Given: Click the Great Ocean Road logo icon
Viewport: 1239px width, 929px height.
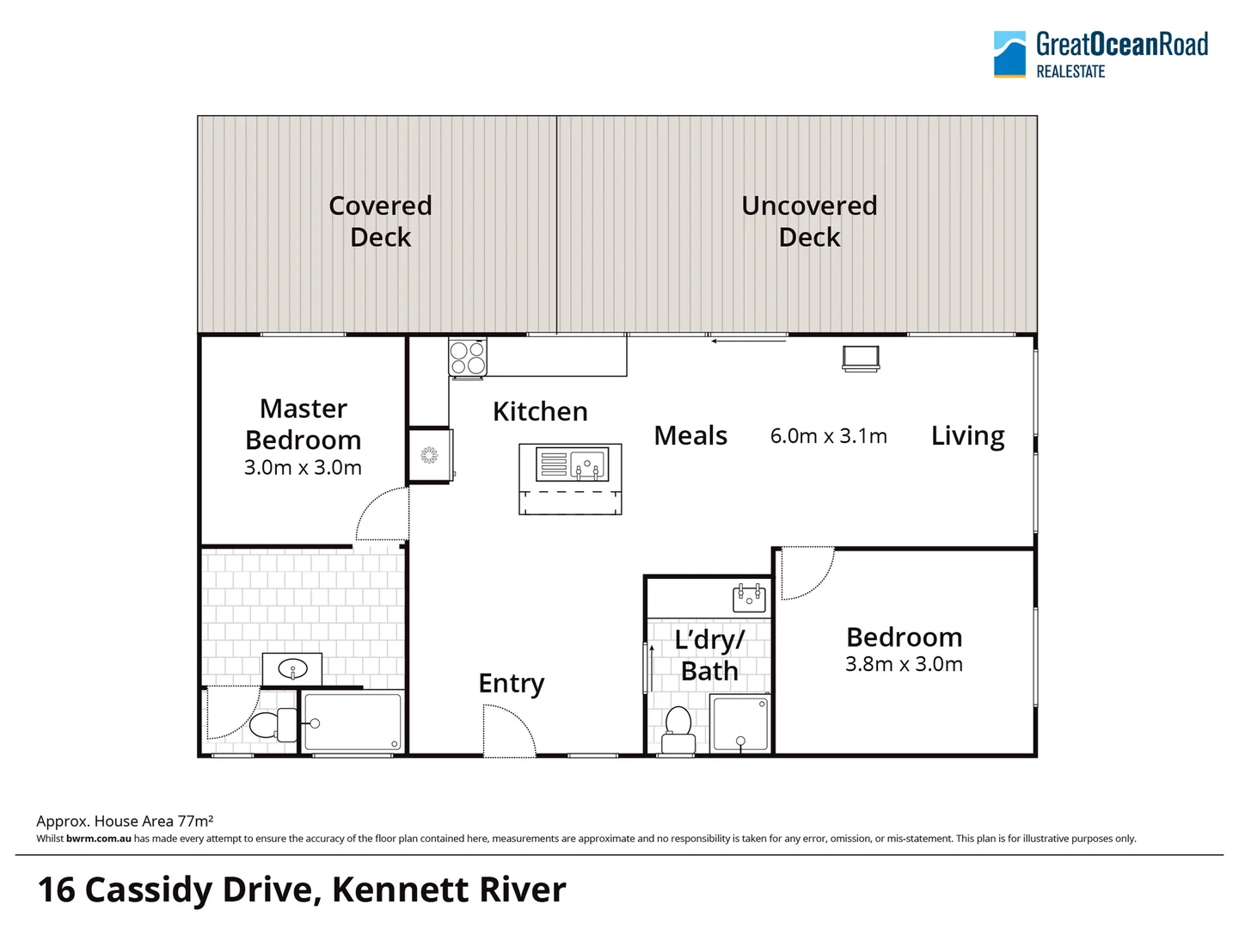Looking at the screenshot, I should tap(1009, 54).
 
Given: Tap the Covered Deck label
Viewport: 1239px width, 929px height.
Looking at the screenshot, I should tap(380, 221).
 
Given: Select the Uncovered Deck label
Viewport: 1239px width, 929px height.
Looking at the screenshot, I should tap(809, 221).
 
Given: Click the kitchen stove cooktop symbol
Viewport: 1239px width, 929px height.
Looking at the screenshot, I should tap(468, 358).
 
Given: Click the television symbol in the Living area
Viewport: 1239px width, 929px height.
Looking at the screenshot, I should tap(861, 357).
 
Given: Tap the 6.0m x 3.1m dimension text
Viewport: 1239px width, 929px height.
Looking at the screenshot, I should tap(828, 436).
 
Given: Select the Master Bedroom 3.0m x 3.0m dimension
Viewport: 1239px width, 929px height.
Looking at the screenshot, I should tap(303, 467).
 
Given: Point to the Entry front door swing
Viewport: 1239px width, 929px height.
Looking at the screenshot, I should tap(509, 731).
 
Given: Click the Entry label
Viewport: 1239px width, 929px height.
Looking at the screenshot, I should tap(512, 683).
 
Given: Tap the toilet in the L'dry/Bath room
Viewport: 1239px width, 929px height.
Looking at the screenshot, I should tap(678, 731).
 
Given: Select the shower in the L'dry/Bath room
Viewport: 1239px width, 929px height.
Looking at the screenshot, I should tap(739, 723).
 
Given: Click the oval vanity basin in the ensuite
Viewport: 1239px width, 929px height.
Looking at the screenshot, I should tap(292, 668).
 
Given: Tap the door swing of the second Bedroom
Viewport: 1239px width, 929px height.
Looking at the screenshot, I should tap(806, 572).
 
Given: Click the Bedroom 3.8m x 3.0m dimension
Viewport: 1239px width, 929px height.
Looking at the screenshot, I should tap(904, 664).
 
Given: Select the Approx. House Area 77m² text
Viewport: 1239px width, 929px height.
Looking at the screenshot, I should tap(125, 821).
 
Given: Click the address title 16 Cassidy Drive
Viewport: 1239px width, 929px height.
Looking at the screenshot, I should tap(302, 889).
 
